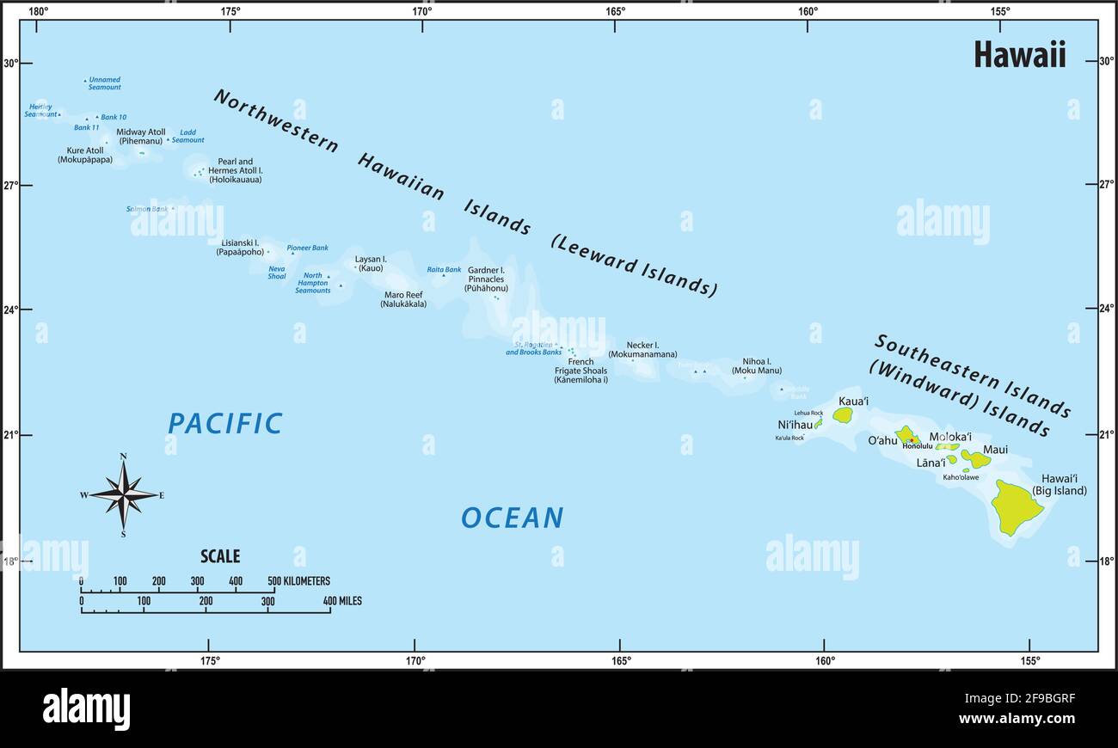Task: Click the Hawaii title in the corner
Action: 1019,54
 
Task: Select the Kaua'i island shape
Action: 843,415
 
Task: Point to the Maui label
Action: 995,450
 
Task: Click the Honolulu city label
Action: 917,446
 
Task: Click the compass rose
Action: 124,494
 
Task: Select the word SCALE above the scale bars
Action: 220,556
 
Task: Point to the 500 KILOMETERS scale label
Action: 298,581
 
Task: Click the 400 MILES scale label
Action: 341,601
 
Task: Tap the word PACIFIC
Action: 224,423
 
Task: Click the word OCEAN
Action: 512,518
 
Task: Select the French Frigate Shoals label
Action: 580,371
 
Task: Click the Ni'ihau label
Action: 795,425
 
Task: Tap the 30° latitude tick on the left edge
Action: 22,63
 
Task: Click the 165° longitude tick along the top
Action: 615,11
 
